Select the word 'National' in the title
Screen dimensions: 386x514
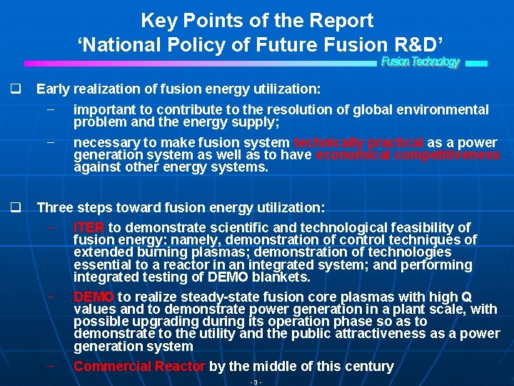126,44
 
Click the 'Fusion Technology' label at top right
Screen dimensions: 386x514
420,62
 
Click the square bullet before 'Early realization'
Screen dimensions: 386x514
14,89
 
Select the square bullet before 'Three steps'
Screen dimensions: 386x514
14,207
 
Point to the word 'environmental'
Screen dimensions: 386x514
448,109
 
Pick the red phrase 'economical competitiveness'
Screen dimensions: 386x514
408,155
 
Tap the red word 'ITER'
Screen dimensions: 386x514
89,227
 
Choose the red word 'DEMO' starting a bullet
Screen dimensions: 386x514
94,296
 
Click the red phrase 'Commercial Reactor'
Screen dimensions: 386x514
139,366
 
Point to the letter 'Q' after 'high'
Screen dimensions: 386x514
467,296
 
